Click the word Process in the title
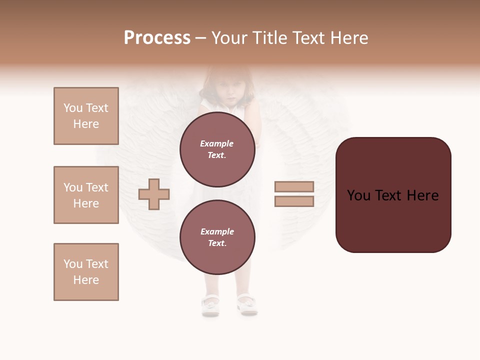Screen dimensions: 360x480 tap(157, 38)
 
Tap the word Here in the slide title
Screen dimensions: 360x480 tap(348, 38)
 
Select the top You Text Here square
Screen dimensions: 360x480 tap(86, 116)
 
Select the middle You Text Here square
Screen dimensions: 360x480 tap(86, 195)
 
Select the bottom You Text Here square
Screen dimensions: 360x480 tap(86, 272)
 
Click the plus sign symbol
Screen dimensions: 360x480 tap(154, 194)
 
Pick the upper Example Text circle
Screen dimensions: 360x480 tap(217, 149)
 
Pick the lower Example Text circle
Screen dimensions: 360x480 tap(217, 237)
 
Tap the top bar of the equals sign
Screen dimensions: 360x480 tap(294, 186)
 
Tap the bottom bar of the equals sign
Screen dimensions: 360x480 tap(294, 201)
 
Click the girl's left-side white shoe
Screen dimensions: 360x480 tap(210, 304)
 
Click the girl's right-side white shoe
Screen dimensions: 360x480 tap(247, 303)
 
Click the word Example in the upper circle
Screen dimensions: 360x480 tap(217, 143)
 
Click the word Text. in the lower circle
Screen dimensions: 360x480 tap(217, 243)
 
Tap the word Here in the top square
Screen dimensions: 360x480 tap(86, 124)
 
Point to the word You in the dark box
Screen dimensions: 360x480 tap(359, 195)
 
